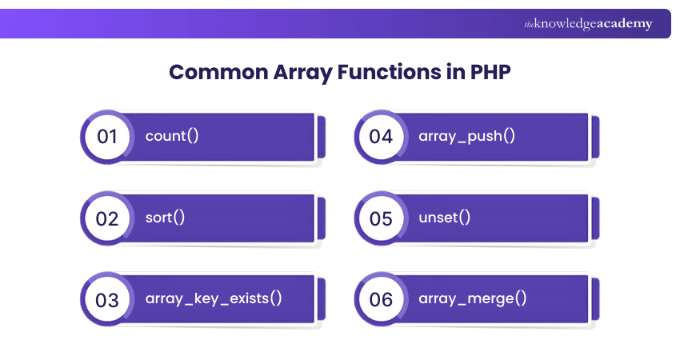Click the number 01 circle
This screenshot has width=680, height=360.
pos(107,137)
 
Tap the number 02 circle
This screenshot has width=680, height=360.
pos(107,218)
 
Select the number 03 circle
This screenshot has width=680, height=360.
pos(107,299)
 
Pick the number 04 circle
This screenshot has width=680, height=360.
pos(381,137)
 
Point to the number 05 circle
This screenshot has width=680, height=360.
pos(381,218)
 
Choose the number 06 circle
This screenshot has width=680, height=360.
pos(381,299)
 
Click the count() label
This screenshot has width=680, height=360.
pos(172,136)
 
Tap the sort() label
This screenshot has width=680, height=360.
pos(165,218)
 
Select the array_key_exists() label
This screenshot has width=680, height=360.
pos(214,299)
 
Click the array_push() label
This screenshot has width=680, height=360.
pos(466,136)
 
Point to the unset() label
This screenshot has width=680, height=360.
pos(444,218)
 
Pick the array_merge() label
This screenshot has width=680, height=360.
pos(472,299)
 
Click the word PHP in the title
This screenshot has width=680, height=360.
pos(490,72)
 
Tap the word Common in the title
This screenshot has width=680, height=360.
pos(218,72)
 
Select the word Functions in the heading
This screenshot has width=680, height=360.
pos(389,72)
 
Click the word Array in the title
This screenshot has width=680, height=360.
pos(302,73)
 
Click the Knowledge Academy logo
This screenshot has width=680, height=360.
pos(588,23)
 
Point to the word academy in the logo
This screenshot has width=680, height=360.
pos(625,23)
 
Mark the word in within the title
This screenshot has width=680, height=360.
pos(456,72)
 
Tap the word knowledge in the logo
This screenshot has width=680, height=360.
pos(565,24)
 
